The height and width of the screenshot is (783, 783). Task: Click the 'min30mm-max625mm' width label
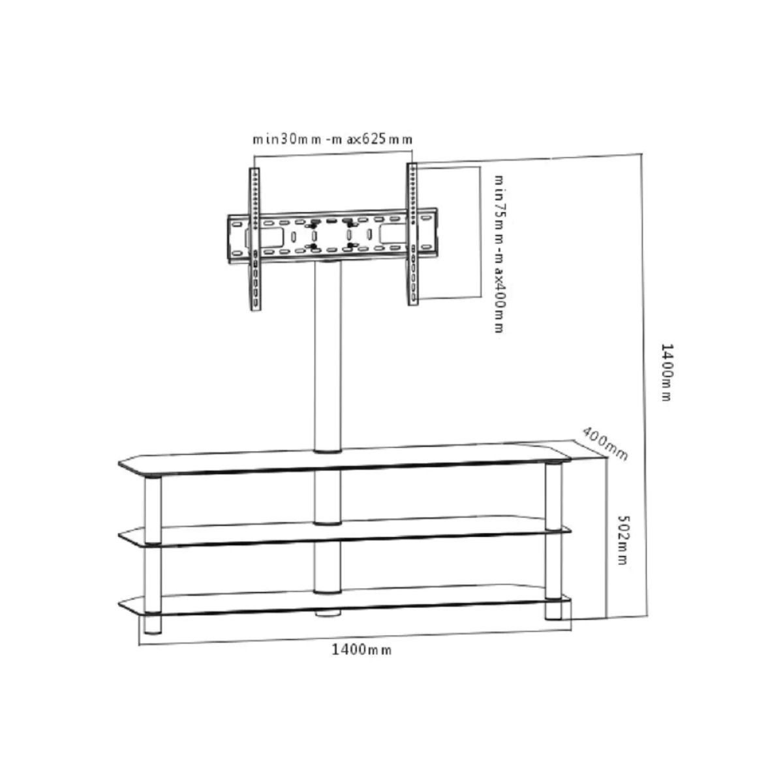click(333, 139)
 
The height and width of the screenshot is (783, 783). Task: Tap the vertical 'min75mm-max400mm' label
click(499, 253)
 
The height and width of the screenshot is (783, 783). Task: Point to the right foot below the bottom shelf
click(554, 610)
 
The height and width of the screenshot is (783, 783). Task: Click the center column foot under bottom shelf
click(328, 613)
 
